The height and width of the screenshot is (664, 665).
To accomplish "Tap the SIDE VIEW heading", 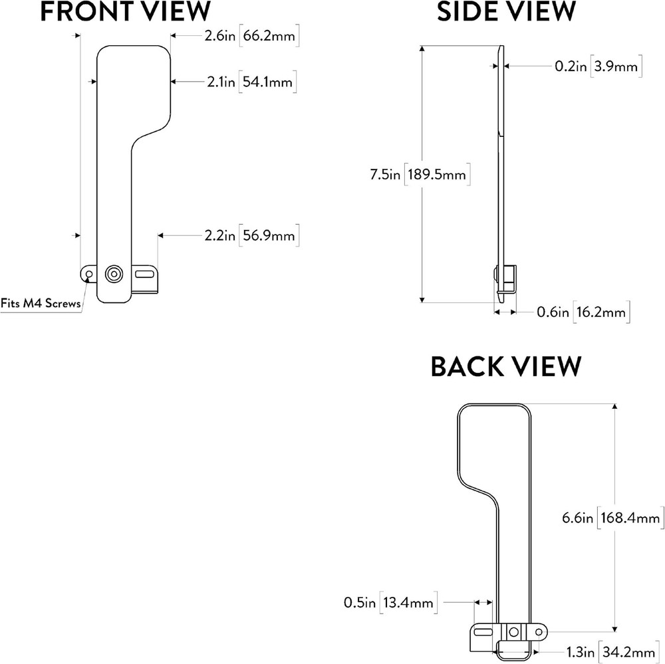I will click(x=506, y=11).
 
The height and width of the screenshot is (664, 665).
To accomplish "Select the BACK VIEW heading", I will click(x=506, y=367).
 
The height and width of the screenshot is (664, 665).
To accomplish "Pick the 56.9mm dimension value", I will click(x=268, y=235).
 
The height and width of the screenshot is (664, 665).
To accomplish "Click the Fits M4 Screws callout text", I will click(x=41, y=304).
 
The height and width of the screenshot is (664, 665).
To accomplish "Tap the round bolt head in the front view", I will click(x=114, y=273).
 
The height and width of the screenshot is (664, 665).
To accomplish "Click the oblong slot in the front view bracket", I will click(x=144, y=273).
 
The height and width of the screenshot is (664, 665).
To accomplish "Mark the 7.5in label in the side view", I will click(x=385, y=175).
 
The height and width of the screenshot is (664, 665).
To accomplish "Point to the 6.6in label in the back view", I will click(x=578, y=517).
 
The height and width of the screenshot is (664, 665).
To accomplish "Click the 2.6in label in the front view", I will click(x=219, y=38).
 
